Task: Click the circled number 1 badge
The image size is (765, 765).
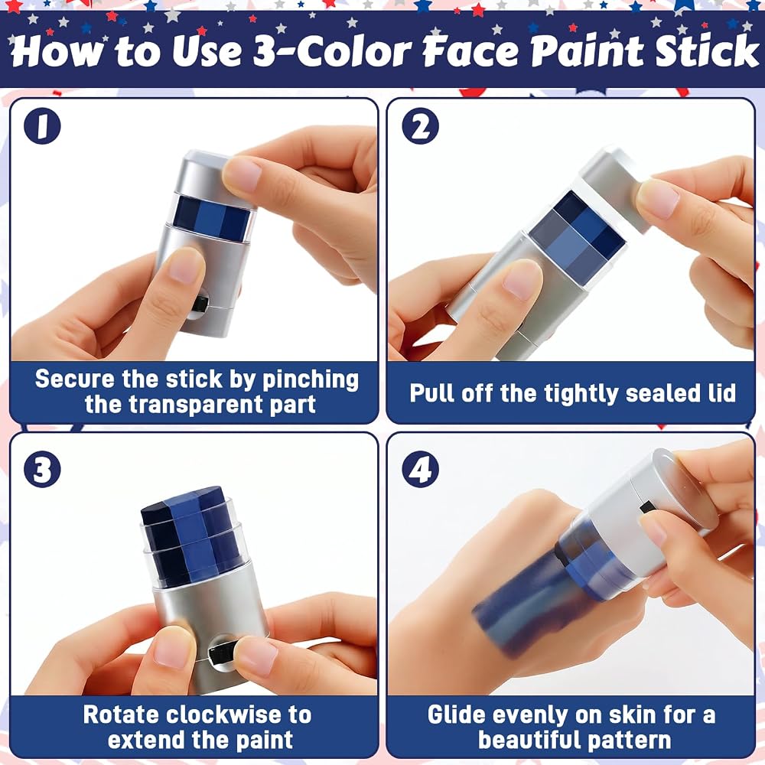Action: point(42,126)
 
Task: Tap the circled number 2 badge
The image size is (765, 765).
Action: point(420,126)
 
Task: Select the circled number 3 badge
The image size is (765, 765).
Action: point(42,470)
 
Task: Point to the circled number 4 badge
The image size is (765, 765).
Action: point(420,470)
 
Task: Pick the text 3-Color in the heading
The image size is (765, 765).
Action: point(332,51)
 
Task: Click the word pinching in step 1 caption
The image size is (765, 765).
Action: point(311,380)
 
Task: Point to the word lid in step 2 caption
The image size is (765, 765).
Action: point(721,392)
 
